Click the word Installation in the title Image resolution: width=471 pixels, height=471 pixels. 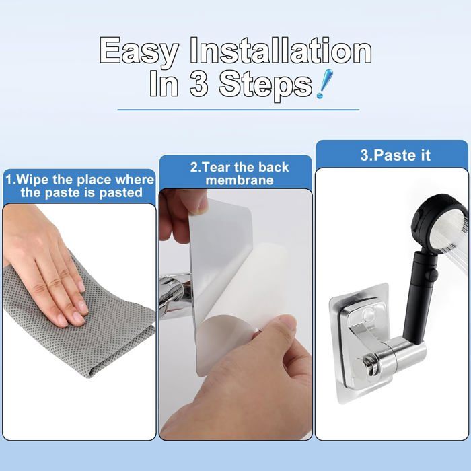281,50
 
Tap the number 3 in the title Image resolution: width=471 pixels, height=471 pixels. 198,83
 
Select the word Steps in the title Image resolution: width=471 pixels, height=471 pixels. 266,85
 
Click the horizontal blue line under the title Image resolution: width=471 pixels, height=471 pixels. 238,110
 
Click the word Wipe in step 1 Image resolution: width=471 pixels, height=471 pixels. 33,180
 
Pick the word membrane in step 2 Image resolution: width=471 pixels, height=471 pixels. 240,180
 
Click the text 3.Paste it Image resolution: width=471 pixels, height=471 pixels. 396,155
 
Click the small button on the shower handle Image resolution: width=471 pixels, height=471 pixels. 433,274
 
